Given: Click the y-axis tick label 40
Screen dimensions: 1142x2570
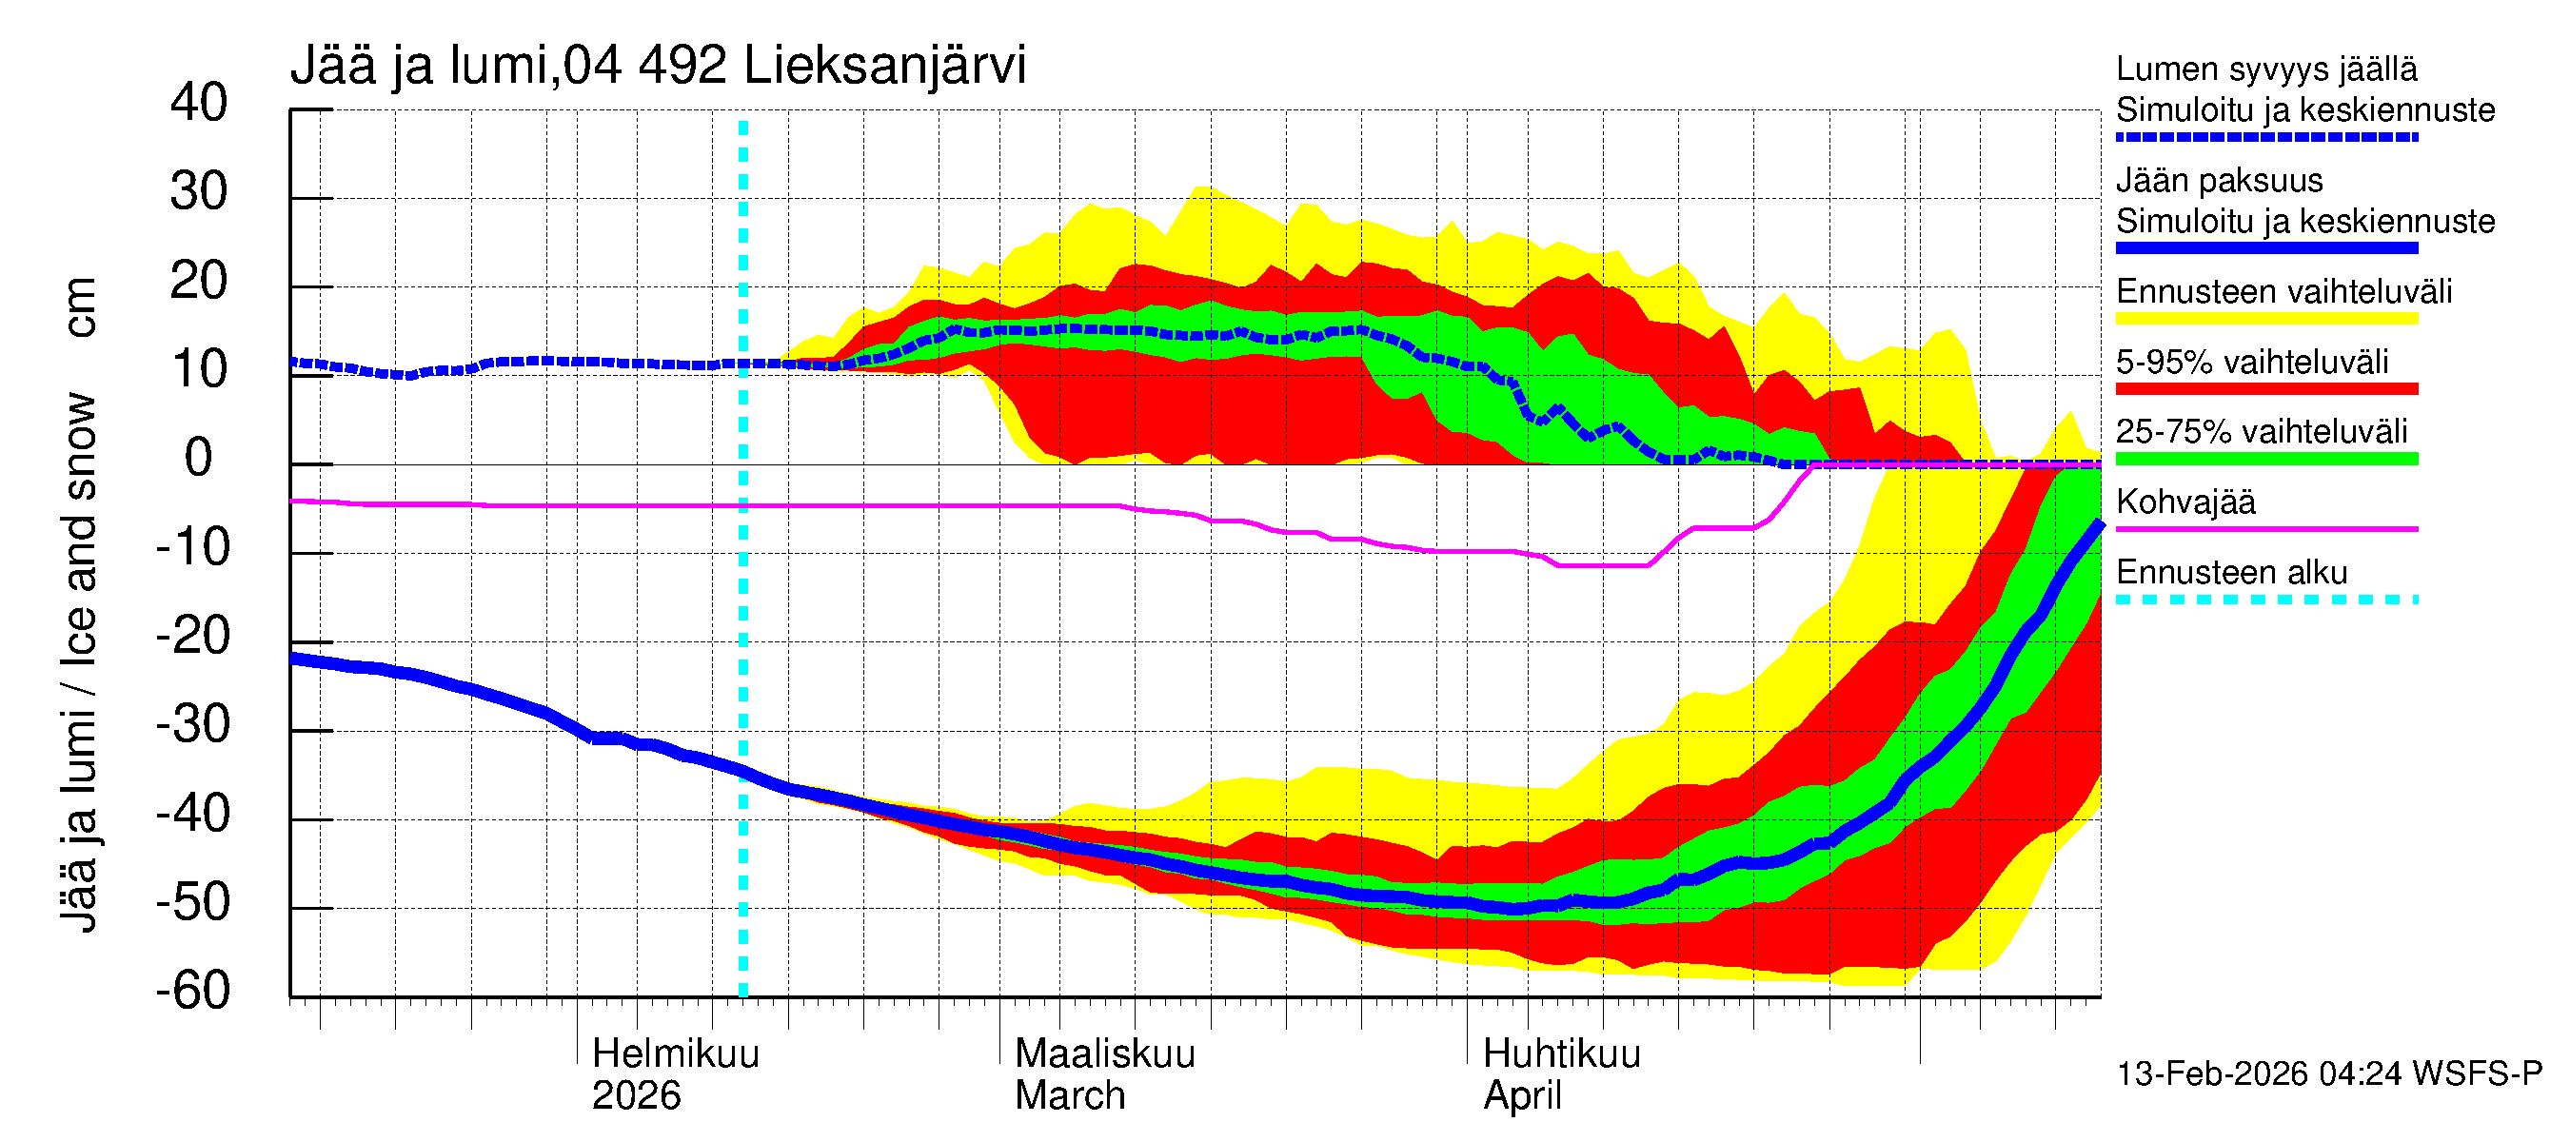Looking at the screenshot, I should [x=199, y=104].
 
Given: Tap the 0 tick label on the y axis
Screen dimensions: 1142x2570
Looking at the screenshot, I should [x=199, y=459].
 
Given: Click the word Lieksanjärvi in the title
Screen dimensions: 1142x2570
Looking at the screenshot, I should [x=884, y=66].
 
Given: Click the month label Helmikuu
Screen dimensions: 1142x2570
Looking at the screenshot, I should [x=676, y=1054].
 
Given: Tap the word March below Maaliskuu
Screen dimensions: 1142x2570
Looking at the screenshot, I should [x=1070, y=1096].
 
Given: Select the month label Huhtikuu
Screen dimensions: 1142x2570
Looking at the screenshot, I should [x=1561, y=1054].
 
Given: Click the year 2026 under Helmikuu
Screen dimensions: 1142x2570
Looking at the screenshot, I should [x=636, y=1096].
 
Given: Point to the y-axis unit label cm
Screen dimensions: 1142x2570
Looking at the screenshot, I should [x=80, y=307].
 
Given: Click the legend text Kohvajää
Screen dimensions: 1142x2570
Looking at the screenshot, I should [x=2184, y=502].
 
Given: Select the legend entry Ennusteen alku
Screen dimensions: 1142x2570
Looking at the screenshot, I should [x=2231, y=573].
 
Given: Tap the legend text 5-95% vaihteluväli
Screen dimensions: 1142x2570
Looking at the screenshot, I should [x=2252, y=362].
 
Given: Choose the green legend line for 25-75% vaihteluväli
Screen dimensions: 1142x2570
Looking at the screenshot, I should [x=2265, y=459].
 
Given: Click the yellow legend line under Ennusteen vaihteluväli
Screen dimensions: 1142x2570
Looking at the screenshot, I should [x=2265, y=319].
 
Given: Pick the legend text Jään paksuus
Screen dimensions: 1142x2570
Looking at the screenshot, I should [x=2219, y=181].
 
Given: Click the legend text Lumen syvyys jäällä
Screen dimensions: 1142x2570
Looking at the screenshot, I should [x=2265, y=69].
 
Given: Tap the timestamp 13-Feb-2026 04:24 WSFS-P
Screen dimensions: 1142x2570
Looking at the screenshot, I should [x=2328, y=1074].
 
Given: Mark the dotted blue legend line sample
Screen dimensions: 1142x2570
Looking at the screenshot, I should [x=2265, y=138].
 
